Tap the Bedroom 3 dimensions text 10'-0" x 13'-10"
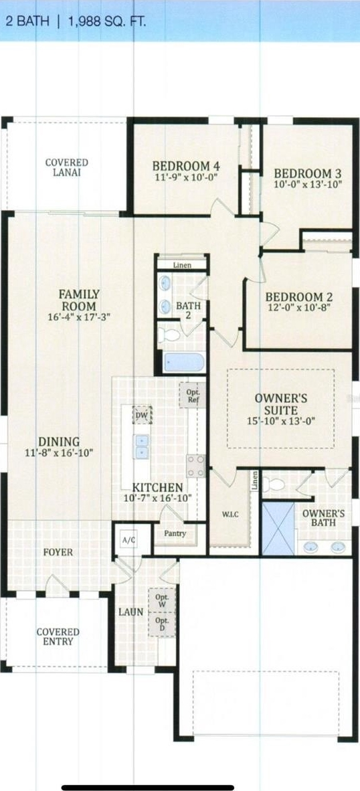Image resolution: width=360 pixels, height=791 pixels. coord(308,184)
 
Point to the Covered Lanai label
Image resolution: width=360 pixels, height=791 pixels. coord(66,167)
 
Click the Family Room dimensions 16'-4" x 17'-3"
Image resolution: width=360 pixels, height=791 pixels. coord(79,317)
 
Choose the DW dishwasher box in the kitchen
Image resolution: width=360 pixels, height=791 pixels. coord(142,415)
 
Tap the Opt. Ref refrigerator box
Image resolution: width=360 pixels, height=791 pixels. coord(193,395)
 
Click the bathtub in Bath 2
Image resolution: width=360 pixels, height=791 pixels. coord(184,362)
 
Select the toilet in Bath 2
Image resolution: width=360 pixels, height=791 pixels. coord(169,334)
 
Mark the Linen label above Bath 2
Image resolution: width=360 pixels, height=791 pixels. coord(181,265)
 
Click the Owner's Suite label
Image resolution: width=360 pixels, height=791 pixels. coord(281,404)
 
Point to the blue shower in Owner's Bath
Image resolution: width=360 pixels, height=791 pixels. coord(278,528)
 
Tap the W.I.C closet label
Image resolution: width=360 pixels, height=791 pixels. coord(230,514)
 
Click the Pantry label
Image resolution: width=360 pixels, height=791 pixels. coord(175,533)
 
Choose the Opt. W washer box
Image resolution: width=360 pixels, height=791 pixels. coord(162,601)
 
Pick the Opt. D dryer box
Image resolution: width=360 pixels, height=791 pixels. coord(162,625)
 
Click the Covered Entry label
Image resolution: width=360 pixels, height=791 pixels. coord(58,636)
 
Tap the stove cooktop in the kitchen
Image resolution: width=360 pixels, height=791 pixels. coord(195,466)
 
